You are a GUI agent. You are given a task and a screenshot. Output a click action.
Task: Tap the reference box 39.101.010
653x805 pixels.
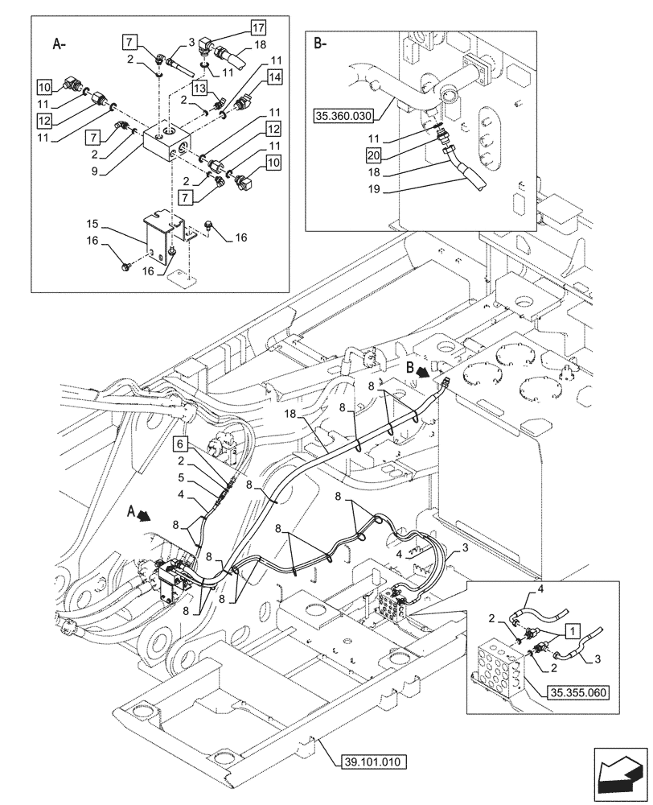(376, 761)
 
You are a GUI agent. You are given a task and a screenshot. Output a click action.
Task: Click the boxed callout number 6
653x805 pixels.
(182, 443)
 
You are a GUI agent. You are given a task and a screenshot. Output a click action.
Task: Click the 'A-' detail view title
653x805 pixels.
(58, 46)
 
